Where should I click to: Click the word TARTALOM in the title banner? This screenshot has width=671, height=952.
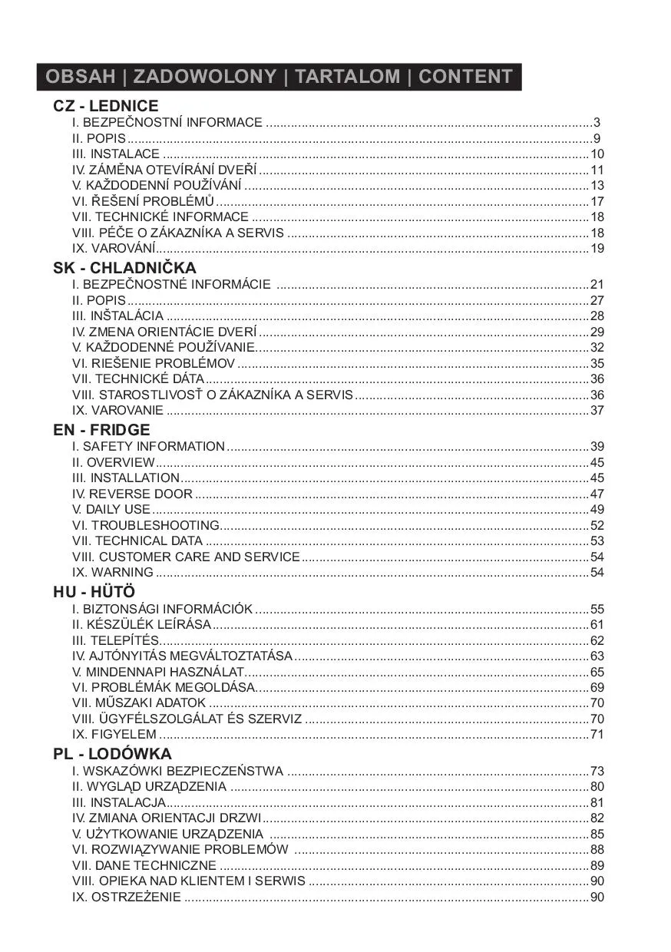click(347, 77)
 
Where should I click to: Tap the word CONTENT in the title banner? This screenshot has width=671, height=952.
click(465, 77)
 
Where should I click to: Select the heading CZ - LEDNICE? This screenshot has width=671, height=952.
click(106, 106)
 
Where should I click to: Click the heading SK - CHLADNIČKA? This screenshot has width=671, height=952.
click(124, 268)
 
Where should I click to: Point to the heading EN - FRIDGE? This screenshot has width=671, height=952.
click(101, 430)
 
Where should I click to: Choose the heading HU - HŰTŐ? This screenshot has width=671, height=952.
click(94, 592)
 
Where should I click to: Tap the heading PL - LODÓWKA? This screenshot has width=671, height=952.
click(112, 754)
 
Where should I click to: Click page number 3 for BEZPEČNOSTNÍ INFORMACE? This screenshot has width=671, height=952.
click(597, 123)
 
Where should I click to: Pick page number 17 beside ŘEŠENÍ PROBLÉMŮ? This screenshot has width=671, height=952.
click(597, 201)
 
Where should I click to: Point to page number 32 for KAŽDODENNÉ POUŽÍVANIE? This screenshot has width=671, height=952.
click(597, 347)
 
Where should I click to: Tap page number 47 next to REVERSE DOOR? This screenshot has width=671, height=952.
click(597, 494)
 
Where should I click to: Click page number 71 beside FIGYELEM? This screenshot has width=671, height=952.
click(597, 735)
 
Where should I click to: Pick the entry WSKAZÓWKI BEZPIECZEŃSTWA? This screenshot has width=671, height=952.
click(177, 771)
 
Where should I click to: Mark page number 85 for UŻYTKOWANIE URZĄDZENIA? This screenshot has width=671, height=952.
click(597, 834)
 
